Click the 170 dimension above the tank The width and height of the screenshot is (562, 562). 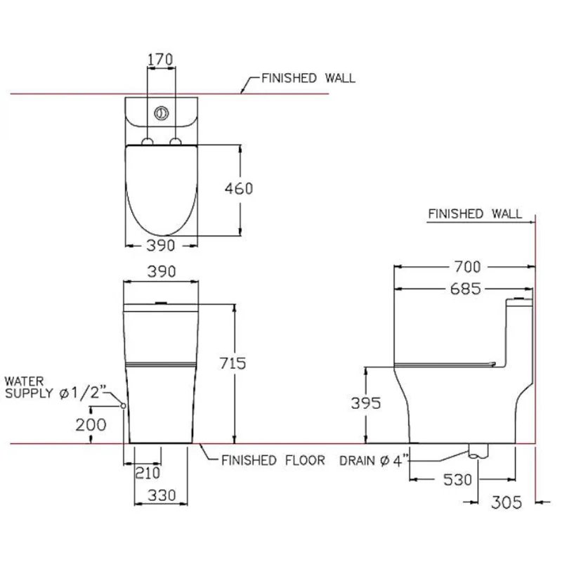[x=160, y=60]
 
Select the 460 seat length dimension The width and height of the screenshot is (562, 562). [x=240, y=188]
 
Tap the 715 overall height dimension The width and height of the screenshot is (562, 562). [x=233, y=363]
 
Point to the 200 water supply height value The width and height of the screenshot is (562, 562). [x=92, y=424]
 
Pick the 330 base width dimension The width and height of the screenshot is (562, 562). [x=161, y=496]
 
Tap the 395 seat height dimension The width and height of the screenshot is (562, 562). [x=365, y=403]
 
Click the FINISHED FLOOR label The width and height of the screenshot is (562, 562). [x=273, y=461]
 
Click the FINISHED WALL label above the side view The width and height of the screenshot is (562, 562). [x=475, y=214]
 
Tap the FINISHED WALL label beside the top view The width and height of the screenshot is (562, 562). [x=308, y=79]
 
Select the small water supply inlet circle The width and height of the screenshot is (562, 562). [x=123, y=406]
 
